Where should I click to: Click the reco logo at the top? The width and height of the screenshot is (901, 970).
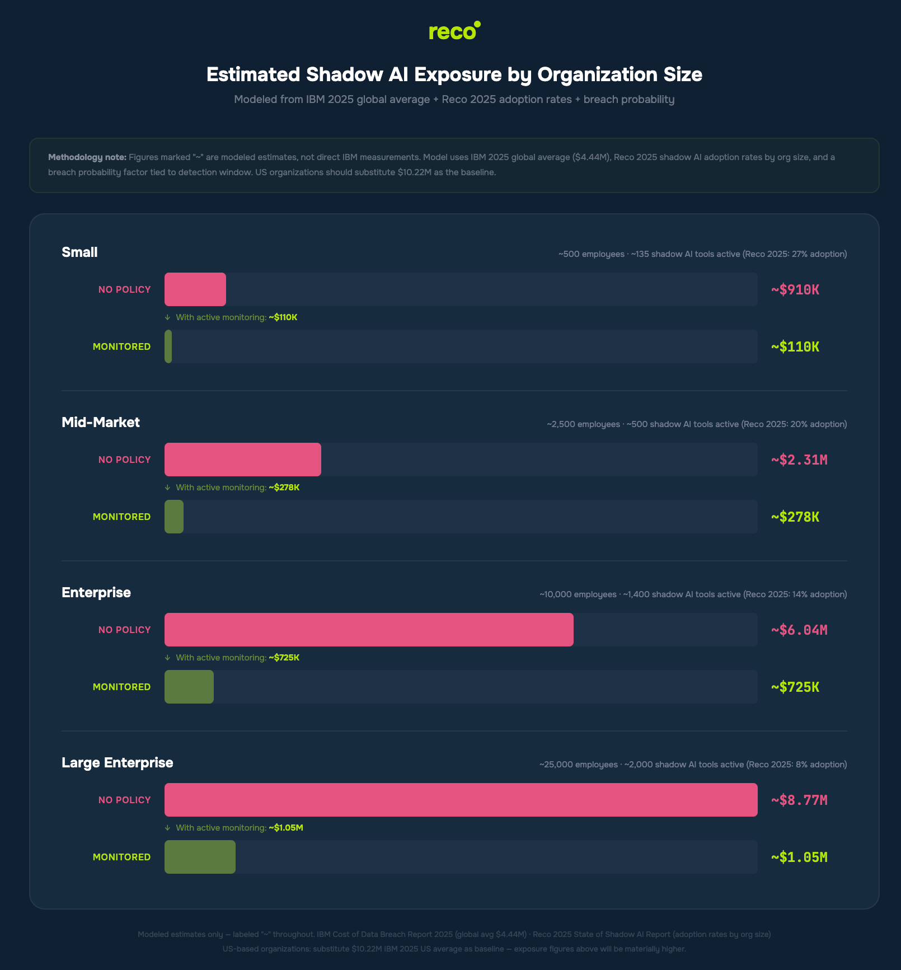coord(454,31)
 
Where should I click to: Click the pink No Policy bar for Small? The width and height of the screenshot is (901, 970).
coord(195,289)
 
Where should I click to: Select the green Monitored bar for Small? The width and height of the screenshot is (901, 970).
coord(168,346)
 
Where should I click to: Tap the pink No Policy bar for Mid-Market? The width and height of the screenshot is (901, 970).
coord(243,460)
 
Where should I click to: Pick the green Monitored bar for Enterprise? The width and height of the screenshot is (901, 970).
coord(189,687)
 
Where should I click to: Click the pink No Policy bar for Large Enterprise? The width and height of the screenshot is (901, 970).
coord(461,800)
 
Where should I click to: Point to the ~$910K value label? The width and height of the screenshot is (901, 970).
coord(795,290)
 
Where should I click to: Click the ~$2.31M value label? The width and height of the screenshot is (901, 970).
coord(799,460)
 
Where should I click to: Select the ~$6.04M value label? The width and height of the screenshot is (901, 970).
coord(799,630)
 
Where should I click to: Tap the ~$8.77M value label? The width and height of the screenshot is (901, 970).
coord(799,800)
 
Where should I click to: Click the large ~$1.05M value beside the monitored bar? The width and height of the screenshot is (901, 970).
coord(799,857)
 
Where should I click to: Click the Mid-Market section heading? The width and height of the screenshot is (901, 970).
coord(101,423)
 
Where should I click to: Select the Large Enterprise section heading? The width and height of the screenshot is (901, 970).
coord(118,763)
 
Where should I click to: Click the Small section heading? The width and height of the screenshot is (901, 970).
coord(79,252)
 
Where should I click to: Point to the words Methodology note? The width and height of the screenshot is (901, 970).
coord(87,157)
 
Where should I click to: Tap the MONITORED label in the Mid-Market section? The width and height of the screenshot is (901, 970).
coord(121,517)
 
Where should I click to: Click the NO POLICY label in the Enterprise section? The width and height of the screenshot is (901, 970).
coord(124,630)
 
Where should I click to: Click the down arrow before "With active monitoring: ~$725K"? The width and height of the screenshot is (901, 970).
coord(167,658)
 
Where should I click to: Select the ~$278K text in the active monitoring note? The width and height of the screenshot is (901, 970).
coord(284,488)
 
